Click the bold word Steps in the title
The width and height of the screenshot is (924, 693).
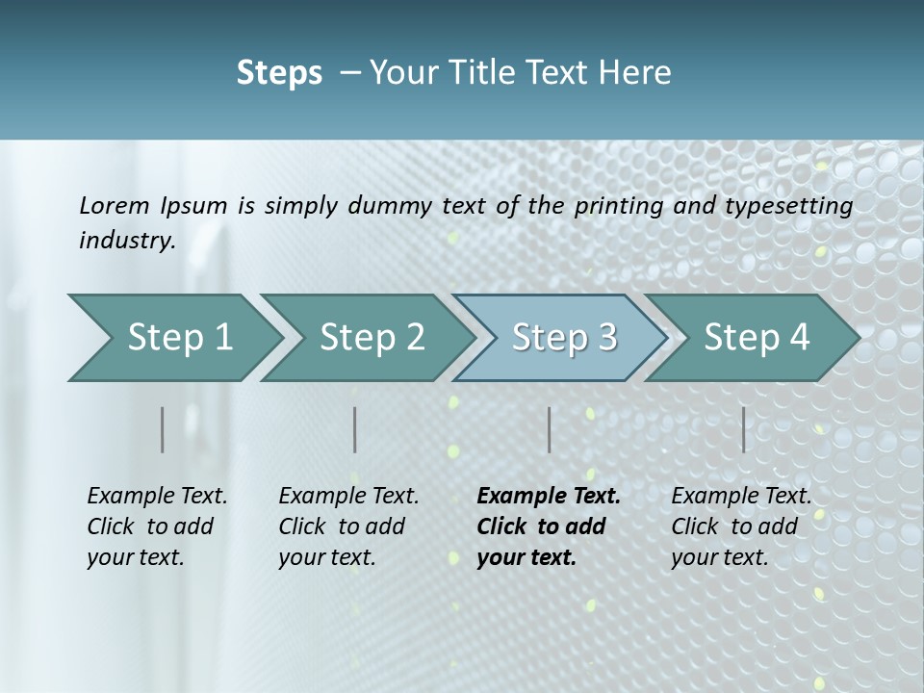(279, 73)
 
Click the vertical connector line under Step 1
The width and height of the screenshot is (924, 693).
(163, 429)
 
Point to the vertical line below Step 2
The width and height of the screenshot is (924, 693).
(355, 429)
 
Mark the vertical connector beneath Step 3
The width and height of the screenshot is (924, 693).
(550, 429)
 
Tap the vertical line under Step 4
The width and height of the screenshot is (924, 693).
(744, 429)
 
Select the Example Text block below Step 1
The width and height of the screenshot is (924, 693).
(157, 526)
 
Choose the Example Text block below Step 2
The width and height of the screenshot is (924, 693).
(348, 526)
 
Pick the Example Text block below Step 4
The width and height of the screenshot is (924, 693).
(741, 526)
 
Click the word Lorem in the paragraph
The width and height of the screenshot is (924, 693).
(115, 205)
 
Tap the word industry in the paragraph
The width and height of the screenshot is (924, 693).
(127, 241)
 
